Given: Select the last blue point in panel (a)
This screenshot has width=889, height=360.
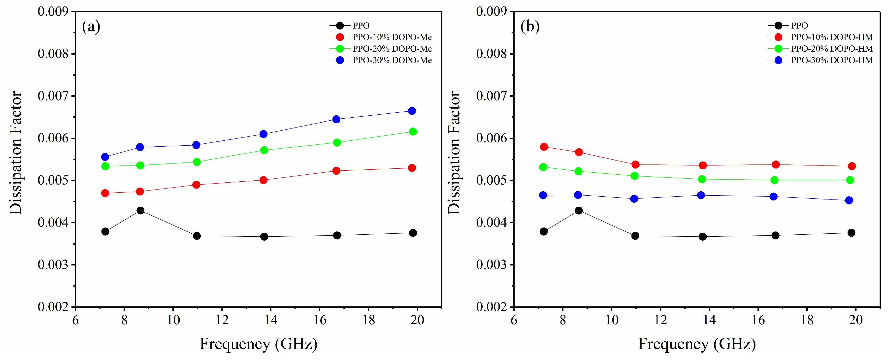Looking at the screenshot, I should pos(412,111).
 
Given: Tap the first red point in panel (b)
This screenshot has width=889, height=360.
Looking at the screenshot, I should pos(544,147).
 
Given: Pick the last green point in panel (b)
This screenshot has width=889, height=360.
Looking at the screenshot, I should pos(850,180).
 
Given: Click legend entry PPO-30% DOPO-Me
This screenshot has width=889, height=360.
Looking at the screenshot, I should pos(392,60).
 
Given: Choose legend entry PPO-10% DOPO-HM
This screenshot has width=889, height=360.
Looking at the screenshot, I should pos(832,37).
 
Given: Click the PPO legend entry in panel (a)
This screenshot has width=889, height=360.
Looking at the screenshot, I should pos(361,26).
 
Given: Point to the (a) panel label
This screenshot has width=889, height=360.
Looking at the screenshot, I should pos(91,26).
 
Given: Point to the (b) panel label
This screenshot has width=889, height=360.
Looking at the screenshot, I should pos(530,26).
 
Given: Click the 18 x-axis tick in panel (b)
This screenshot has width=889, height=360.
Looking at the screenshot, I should pos(807,320).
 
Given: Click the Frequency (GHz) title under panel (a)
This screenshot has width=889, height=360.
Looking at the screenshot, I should pos(259,344).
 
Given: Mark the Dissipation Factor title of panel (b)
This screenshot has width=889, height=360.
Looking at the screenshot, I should pos(454,153).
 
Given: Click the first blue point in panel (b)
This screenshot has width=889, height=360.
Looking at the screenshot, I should pos(543,195).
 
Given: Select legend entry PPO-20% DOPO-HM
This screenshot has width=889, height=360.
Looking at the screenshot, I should pos(832,49).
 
